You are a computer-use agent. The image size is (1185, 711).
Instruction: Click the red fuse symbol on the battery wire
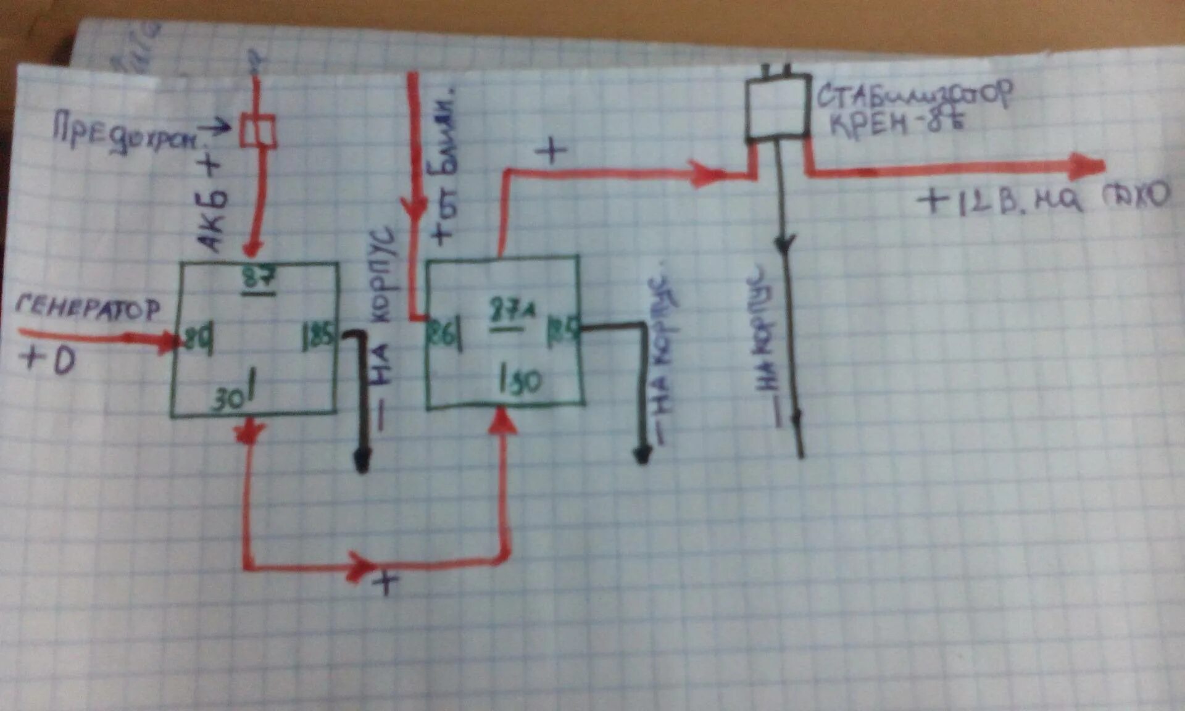click(x=257, y=131)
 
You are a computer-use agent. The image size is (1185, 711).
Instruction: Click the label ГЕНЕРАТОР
click(x=88, y=307)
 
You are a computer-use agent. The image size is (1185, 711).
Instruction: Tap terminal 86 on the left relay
click(x=198, y=339)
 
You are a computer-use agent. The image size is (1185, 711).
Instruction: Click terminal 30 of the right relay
click(x=522, y=381)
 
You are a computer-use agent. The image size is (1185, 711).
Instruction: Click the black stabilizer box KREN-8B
click(x=778, y=108)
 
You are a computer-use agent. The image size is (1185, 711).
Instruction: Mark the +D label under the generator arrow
click(x=48, y=360)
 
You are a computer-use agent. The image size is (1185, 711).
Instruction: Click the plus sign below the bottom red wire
click(x=386, y=582)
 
